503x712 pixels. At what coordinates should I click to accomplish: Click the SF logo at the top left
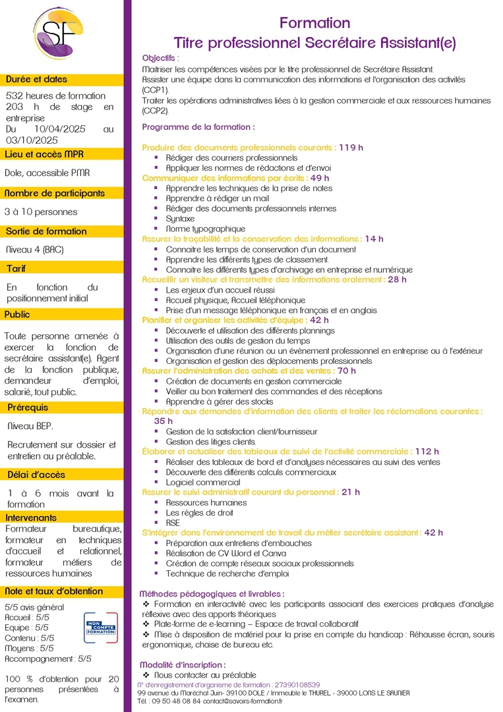click(61, 32)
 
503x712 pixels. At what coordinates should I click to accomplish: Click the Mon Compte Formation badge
click(100, 628)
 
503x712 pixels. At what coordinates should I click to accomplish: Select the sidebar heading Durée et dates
click(36, 79)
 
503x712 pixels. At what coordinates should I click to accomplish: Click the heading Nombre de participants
click(55, 193)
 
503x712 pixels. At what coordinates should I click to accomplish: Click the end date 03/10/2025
click(32, 140)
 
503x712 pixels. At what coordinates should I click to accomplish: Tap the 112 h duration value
click(427, 452)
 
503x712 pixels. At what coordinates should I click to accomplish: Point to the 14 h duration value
click(374, 239)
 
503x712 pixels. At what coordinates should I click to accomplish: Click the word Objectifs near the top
click(160, 58)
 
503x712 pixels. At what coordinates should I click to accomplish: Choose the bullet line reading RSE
click(173, 523)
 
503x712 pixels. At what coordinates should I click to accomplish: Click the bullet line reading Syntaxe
click(180, 218)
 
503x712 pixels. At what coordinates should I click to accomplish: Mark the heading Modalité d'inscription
click(183, 665)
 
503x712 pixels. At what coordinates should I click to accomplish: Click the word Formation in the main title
click(315, 23)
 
